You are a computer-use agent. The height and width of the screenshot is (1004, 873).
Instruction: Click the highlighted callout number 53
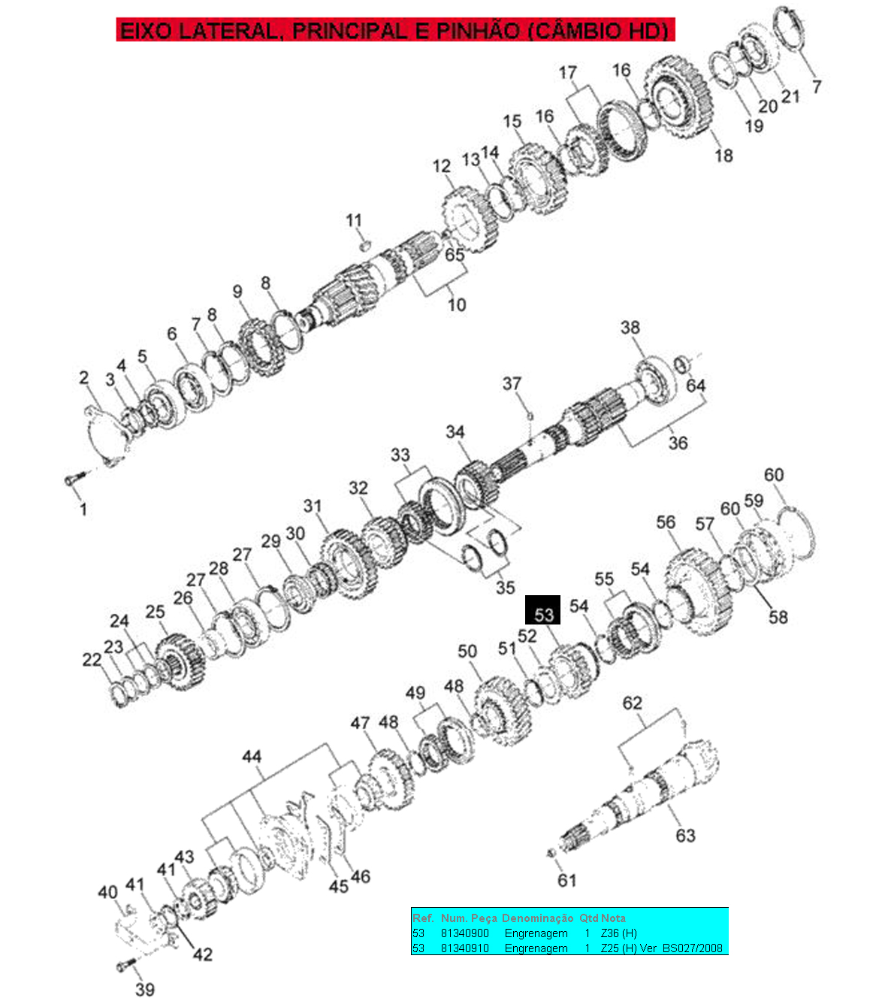pos(543,615)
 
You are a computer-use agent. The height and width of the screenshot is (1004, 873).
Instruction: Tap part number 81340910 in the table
pos(464,948)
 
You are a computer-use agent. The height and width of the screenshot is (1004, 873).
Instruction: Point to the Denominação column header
pos(537,918)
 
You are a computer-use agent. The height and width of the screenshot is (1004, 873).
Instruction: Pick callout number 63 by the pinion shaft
pos(685,835)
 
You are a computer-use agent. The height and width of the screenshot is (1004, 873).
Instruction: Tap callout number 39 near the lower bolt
pos(145,989)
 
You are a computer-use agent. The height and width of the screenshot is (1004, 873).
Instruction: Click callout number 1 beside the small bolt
pos(83,509)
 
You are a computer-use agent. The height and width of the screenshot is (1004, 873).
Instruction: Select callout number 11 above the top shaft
pos(354,220)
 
